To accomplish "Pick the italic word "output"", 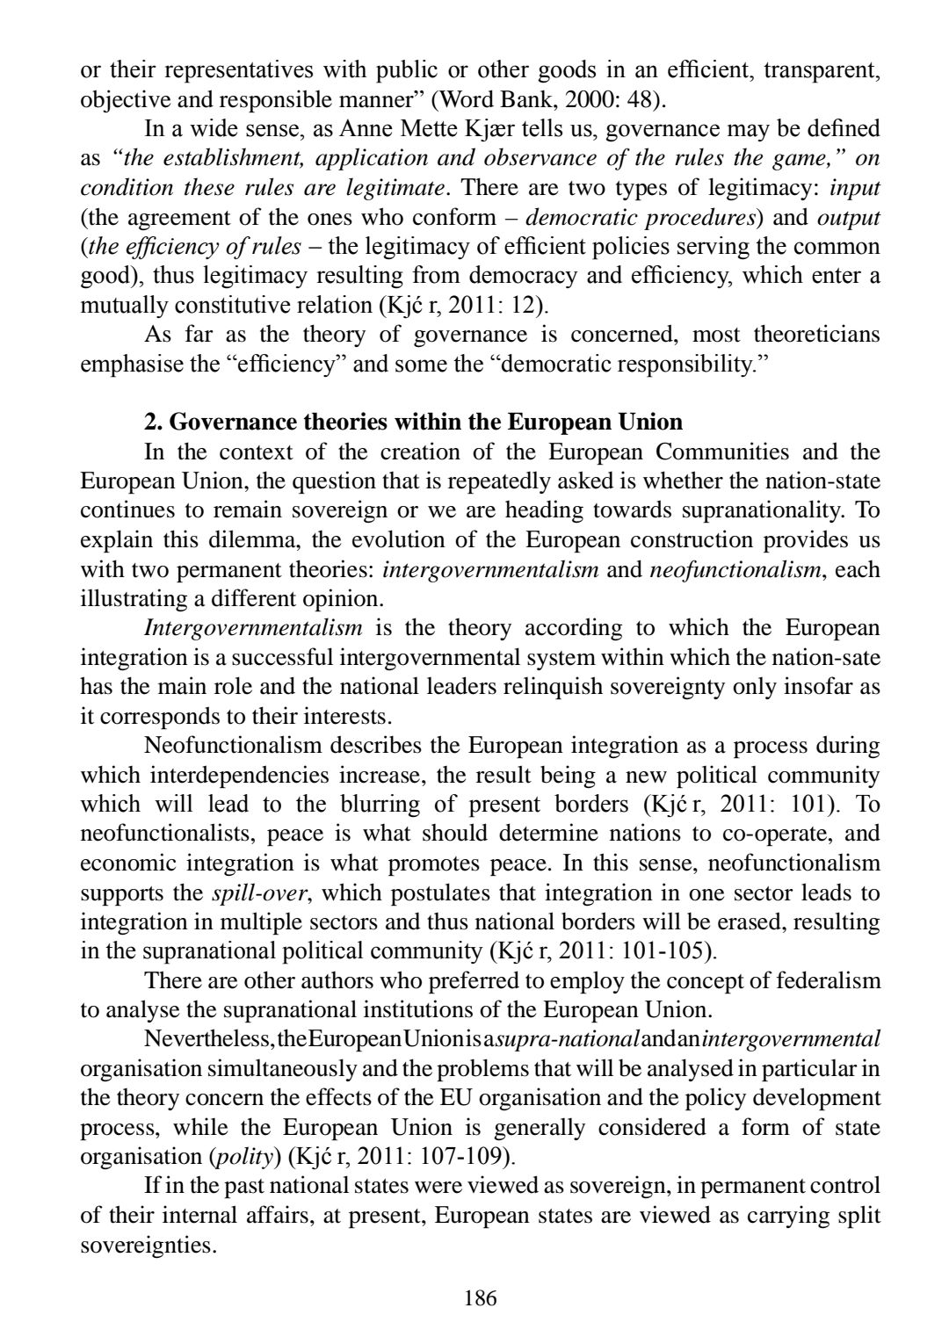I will (x=849, y=217).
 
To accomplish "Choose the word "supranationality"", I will (x=764, y=510).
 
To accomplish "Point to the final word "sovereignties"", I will (x=148, y=1244).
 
